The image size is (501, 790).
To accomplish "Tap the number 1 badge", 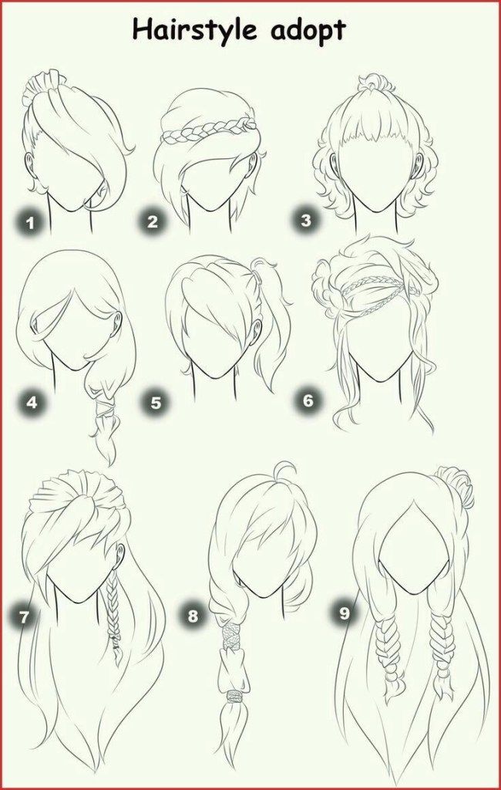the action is (31, 222).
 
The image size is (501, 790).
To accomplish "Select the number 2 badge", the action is (152, 221).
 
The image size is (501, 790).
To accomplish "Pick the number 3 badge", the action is (306, 220).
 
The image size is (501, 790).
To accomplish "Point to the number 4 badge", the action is (32, 403).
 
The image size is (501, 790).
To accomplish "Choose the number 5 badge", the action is (156, 403).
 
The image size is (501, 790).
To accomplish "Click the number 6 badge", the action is (308, 401).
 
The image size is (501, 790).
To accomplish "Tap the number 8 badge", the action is (193, 616).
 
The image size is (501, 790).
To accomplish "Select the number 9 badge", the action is (344, 613).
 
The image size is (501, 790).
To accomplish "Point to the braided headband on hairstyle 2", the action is (207, 130).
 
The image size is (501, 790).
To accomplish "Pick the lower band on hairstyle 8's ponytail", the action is (234, 697).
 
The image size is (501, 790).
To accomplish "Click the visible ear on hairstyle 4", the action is (117, 322).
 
